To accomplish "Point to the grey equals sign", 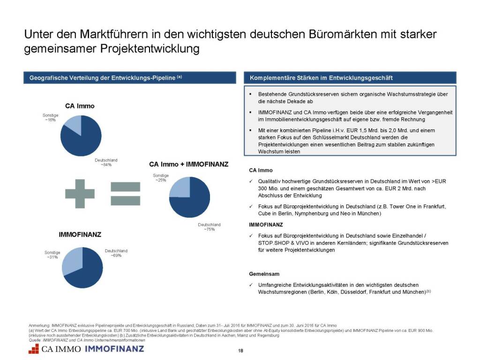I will [125, 193].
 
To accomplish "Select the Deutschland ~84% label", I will [106, 162].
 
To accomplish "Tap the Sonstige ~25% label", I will [160, 178].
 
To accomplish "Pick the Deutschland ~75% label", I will [209, 227].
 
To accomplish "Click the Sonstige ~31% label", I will [52, 255].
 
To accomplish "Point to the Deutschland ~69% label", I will [116, 253].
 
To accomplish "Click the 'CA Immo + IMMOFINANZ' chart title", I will [188, 165].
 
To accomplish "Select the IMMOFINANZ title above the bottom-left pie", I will [80, 233].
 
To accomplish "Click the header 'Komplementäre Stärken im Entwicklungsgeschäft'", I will [321, 78].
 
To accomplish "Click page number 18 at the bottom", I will [240, 351].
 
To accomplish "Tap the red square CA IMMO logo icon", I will [33, 349].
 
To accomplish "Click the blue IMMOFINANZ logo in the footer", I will [114, 349].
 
